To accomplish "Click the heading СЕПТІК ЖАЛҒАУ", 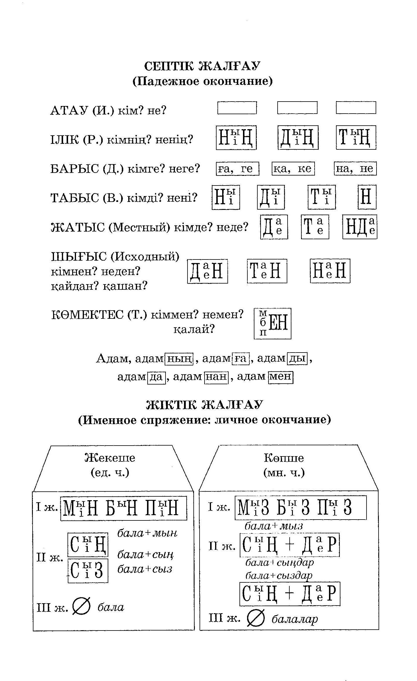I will click(202, 66).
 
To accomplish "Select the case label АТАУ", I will click(69, 111).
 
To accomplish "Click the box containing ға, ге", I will click(237, 168).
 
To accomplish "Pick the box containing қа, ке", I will click(293, 168).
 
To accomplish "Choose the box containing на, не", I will click(355, 168).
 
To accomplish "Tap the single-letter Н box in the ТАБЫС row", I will click(367, 197).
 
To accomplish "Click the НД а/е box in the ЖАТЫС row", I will click(360, 227).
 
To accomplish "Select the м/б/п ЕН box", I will click(272, 323).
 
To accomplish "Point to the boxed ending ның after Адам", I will click(179, 358).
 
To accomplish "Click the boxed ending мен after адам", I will click(281, 376).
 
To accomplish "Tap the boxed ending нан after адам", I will click(216, 376).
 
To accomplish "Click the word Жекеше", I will click(110, 458).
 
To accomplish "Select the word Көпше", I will click(284, 458).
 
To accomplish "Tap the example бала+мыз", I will click(274, 526).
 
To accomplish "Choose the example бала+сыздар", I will click(279, 575).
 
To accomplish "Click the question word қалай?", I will click(194, 329).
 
